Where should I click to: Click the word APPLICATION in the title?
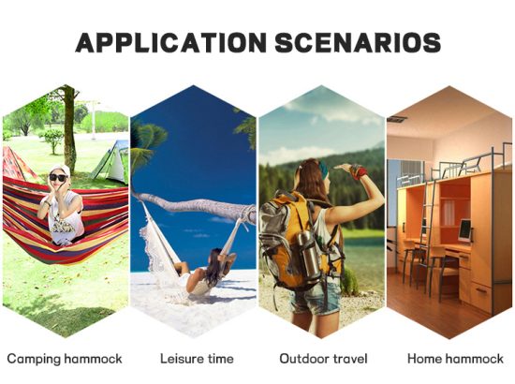(170, 43)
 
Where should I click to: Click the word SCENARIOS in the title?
(358, 43)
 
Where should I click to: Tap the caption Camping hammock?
(65, 359)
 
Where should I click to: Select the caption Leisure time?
(197, 359)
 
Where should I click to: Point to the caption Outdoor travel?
(323, 359)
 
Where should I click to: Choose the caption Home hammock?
(455, 359)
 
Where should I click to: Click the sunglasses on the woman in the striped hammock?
(59, 178)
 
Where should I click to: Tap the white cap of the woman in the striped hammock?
(60, 170)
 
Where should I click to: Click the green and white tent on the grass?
(111, 163)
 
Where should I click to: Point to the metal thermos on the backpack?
(308, 252)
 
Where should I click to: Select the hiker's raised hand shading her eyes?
(345, 167)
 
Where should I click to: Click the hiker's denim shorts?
(316, 297)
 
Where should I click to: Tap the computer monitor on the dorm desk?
(465, 230)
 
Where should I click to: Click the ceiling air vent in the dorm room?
(397, 119)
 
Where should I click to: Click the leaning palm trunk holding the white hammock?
(194, 204)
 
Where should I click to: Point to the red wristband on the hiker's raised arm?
(360, 171)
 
